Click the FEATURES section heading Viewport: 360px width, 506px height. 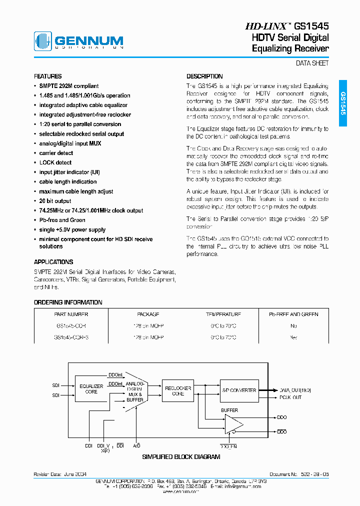click(48, 76)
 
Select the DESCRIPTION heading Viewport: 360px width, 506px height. click(204, 76)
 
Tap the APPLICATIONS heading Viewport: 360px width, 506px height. click(53, 262)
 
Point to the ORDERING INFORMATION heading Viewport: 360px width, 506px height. click(68, 302)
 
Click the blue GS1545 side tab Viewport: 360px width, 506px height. click(342, 103)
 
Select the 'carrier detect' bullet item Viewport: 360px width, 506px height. click(56, 153)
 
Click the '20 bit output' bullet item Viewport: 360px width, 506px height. click(55, 201)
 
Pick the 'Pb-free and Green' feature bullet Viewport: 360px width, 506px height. click(62, 220)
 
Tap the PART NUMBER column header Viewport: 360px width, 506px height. click(71, 314)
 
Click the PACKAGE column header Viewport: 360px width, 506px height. click(148, 314)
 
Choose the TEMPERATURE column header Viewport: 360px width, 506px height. click(223, 314)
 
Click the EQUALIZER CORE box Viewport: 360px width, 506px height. click(91, 389)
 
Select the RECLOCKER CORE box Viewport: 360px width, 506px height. click(174, 390)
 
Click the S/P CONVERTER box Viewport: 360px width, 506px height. click(239, 390)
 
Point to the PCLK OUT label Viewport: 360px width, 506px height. click(290, 397)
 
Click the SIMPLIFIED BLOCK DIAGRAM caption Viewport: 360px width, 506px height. click(181, 456)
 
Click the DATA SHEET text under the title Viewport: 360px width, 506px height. click(312, 63)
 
